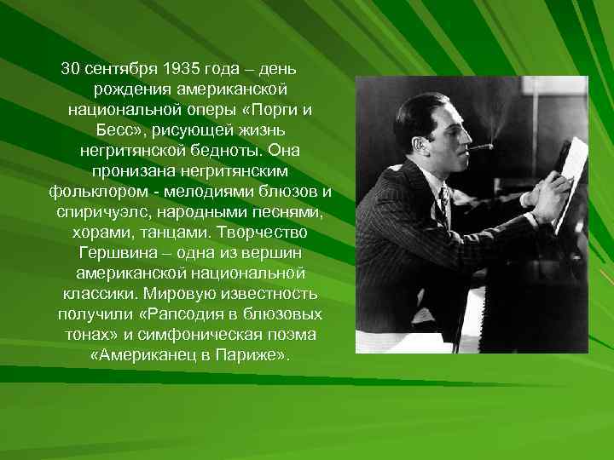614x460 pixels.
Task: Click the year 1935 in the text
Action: click(x=181, y=68)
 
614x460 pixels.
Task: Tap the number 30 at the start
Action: click(x=69, y=68)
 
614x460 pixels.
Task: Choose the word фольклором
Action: click(x=91, y=191)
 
